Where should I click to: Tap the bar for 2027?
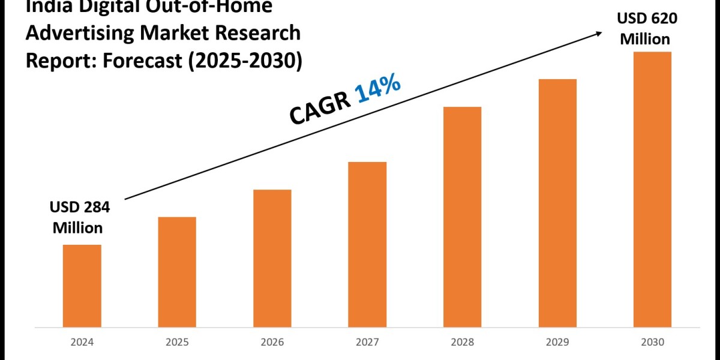367,244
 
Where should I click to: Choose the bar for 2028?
462,217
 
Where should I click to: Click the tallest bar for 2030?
652,189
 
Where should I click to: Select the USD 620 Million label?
647,29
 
